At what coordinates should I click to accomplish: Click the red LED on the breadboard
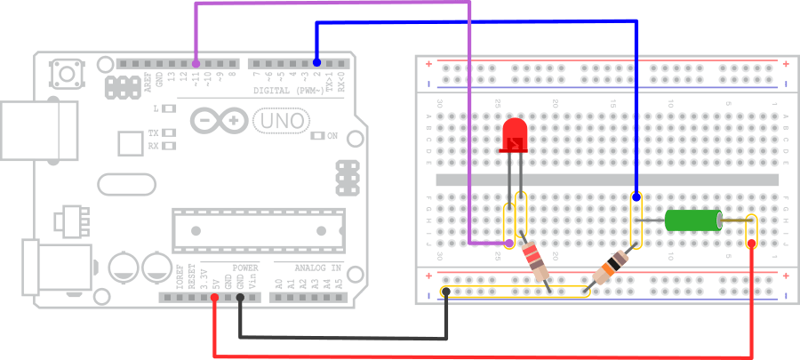pyautogui.click(x=514, y=137)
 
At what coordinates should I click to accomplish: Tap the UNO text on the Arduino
pyautogui.click(x=281, y=120)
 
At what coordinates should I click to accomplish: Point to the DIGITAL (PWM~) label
pyautogui.click(x=288, y=91)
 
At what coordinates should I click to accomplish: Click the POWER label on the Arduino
pyautogui.click(x=245, y=268)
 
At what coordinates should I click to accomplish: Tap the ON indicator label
pyautogui.click(x=332, y=136)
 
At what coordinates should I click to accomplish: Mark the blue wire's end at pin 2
pyautogui.click(x=317, y=62)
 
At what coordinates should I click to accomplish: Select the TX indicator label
pyautogui.click(x=153, y=132)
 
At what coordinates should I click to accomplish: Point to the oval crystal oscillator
pyautogui.click(x=127, y=184)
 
